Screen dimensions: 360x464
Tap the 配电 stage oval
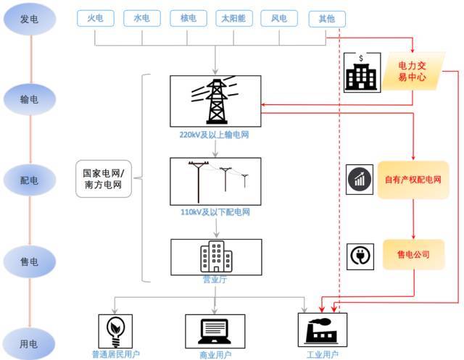tap(28, 180)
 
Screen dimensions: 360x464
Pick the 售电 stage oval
tap(28, 260)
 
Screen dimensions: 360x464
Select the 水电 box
tap(142, 19)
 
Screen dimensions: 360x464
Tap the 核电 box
tap(188, 19)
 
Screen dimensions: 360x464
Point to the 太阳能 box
tap(235, 19)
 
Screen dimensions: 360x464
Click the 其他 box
tap(327, 19)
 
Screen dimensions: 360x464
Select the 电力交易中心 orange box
tap(413, 71)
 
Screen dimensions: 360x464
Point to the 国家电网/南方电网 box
tap(103, 180)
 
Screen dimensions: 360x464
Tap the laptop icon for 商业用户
tap(215, 330)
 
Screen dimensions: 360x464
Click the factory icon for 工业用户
tap(322, 330)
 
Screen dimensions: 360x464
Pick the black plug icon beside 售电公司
tap(360, 256)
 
